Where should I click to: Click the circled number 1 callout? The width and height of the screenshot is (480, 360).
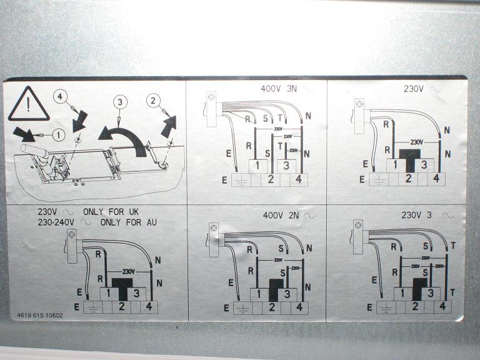57,134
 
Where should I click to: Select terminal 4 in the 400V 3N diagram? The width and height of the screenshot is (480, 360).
299,180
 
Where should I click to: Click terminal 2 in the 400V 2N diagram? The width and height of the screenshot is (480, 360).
272,307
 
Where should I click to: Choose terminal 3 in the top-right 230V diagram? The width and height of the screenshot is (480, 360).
424,165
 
